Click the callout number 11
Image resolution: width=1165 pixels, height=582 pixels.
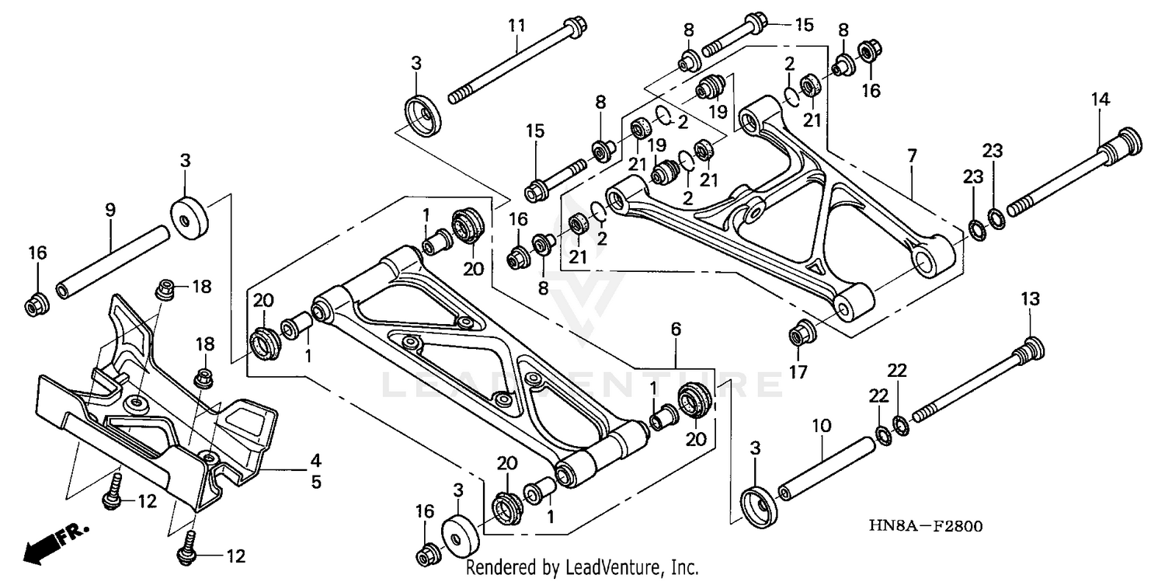(x=517, y=26)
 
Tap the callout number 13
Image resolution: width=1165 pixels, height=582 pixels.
(x=1029, y=298)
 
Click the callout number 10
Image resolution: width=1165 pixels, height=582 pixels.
(x=822, y=426)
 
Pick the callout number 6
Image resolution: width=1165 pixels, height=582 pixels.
(x=676, y=329)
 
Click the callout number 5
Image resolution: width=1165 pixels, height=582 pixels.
(x=315, y=482)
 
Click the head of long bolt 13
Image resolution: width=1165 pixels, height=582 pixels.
(x=1033, y=347)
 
